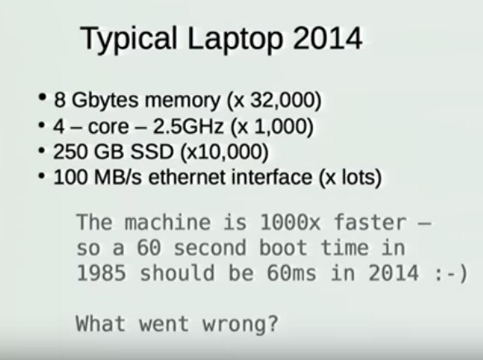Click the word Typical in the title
point(129,39)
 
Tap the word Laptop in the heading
point(235,39)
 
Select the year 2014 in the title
point(328,38)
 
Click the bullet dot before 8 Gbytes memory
point(42,97)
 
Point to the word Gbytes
point(105,101)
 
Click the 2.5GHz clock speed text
point(188,126)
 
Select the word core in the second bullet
point(108,127)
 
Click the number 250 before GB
point(71,152)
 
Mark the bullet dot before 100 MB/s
point(42,176)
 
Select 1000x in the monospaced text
point(290,222)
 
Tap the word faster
point(370,222)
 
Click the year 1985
point(102,272)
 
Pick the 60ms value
point(291,272)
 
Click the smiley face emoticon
point(451,274)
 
